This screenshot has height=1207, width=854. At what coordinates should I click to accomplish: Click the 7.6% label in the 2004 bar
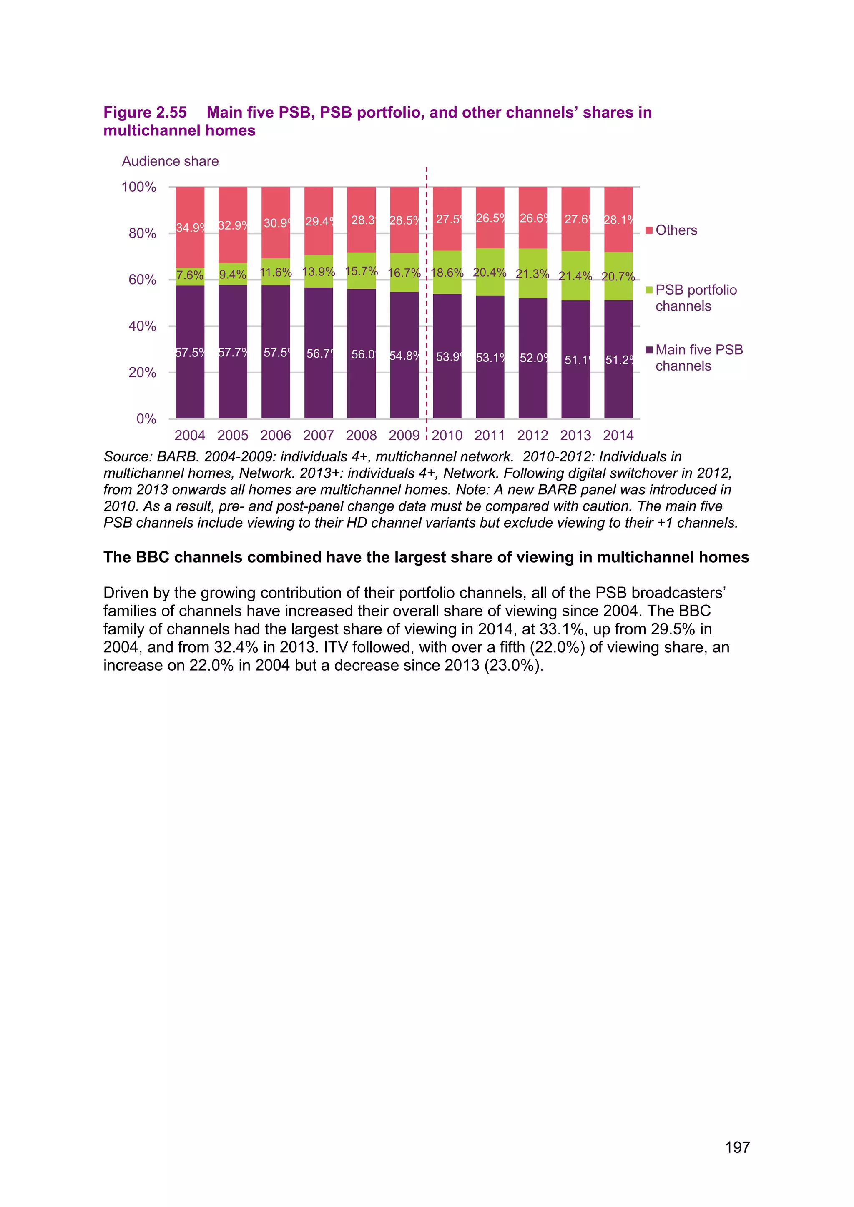(190, 275)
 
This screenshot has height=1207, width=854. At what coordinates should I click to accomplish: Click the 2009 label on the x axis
(404, 435)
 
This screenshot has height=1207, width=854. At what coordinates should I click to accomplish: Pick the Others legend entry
(676, 230)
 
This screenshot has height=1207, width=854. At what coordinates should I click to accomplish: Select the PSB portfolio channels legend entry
(695, 298)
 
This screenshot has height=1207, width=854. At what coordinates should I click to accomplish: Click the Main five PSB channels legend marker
(649, 350)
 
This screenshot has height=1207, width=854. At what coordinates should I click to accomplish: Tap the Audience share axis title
(170, 161)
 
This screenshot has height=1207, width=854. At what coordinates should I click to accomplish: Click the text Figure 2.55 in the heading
(145, 113)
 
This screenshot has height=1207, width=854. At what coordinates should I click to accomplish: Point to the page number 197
(737, 1147)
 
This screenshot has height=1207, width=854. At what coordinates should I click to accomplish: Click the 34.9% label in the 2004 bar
(190, 228)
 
